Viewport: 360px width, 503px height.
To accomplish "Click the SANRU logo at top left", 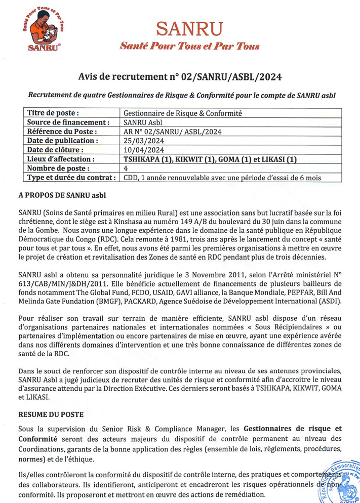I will point(42,31).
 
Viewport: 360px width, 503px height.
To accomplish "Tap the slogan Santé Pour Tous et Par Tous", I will point(189,46).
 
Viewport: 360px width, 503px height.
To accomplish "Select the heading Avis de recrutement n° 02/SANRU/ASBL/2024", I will point(180,76).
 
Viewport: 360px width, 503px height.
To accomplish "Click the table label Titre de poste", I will point(53,113).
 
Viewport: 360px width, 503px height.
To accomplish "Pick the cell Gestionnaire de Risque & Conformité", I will point(183,113).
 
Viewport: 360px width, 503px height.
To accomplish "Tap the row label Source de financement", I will point(68,122).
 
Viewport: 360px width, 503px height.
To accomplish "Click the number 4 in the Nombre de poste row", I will point(126,168).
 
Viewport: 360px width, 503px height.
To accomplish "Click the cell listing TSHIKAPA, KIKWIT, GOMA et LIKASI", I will point(210,159).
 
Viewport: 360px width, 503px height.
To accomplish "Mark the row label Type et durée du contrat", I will point(72,177).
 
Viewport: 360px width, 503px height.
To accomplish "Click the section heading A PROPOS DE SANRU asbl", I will point(62,195).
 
